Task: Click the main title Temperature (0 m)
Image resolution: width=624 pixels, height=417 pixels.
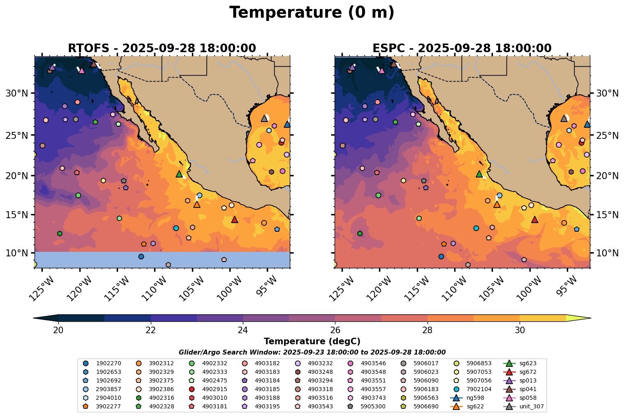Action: click(x=312, y=13)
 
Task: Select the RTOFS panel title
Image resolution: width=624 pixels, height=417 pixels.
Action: click(x=162, y=48)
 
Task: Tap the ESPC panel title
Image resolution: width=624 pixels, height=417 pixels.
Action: click(x=462, y=48)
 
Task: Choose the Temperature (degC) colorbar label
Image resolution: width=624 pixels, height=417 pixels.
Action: click(x=312, y=341)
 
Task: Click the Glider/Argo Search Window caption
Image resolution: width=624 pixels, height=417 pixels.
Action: click(x=312, y=352)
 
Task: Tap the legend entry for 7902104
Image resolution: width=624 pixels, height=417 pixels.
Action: click(x=475, y=389)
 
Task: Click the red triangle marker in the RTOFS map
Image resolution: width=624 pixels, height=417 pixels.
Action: click(x=235, y=220)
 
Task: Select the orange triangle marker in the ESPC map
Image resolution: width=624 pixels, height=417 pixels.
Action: click(x=497, y=204)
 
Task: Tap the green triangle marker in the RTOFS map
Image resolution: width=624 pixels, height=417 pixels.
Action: click(x=179, y=174)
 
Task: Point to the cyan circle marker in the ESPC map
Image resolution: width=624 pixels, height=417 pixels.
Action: click(x=476, y=228)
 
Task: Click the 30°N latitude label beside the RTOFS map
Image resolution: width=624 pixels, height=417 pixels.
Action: click(x=17, y=94)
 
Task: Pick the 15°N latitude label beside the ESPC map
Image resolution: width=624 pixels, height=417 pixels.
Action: click(x=607, y=215)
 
